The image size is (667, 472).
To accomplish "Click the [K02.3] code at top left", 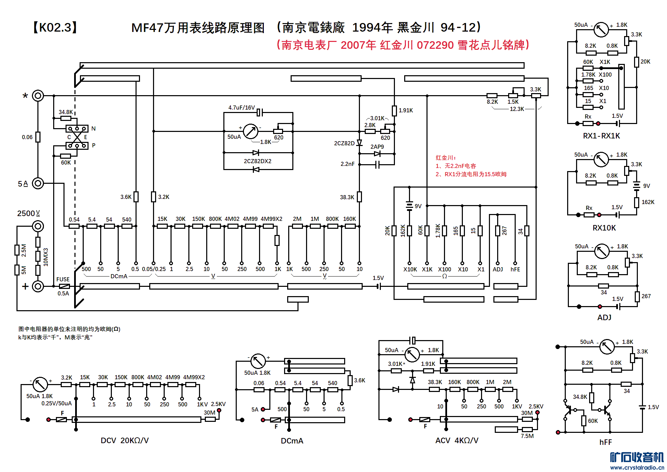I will (55, 27).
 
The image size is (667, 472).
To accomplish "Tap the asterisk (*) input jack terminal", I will (38, 95).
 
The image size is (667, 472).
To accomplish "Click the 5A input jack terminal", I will (38, 183).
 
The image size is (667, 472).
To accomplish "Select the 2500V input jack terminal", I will (38, 226).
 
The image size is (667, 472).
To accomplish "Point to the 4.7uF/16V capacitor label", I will (242, 108).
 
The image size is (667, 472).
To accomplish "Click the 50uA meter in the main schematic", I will (250, 131).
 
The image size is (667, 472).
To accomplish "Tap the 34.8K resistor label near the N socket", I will (66, 112).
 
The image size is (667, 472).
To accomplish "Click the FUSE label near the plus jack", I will (63, 279).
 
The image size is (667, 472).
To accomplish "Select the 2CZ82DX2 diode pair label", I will (257, 161).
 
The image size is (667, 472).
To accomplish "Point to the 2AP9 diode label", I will (377, 147).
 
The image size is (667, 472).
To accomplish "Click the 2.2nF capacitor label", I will (347, 164).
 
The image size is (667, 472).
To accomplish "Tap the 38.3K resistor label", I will (347, 197).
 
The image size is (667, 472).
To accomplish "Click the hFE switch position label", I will (515, 269).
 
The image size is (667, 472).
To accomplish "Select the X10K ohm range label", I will (410, 269).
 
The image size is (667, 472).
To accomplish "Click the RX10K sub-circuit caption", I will (604, 228).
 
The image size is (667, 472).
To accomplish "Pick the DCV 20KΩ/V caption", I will (125, 440).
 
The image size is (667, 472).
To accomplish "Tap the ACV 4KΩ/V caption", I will (457, 440).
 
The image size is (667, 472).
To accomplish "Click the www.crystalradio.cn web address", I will (637, 468).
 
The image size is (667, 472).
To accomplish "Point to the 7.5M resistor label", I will (527, 436).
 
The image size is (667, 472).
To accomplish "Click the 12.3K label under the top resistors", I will (517, 109).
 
